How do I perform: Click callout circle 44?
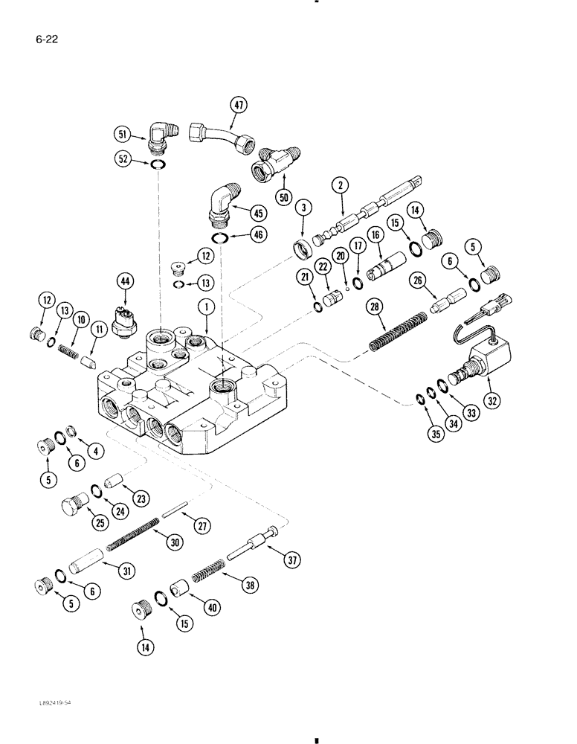point(123,280)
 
